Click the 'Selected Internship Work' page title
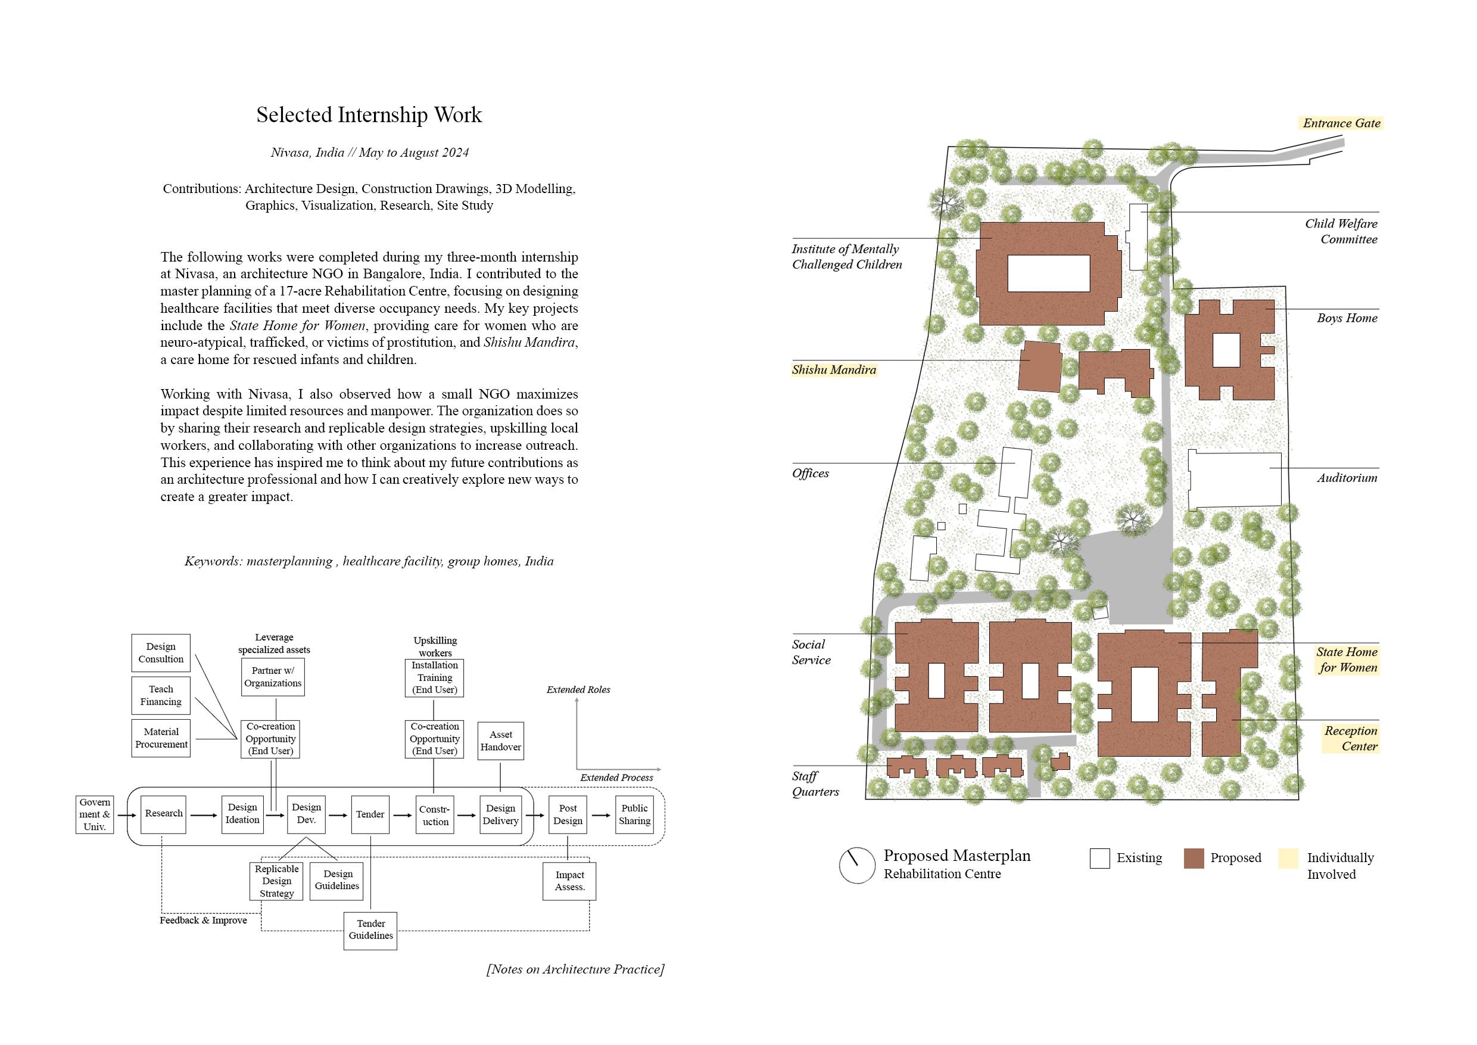[x=369, y=115]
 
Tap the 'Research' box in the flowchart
[x=163, y=814]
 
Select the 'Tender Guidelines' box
[x=370, y=931]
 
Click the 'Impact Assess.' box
[x=569, y=881]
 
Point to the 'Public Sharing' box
[x=634, y=814]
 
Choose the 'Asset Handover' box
[x=500, y=741]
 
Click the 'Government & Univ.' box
[x=95, y=814]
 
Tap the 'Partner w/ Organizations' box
[x=273, y=677]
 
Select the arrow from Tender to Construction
[x=402, y=815]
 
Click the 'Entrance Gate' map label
[x=1341, y=123]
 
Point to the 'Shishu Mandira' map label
[x=834, y=370]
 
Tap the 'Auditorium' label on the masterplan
[x=1347, y=478]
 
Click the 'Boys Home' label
[x=1347, y=318]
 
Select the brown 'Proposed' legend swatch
[x=1194, y=859]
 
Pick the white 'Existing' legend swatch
[x=1099, y=859]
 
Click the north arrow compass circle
[x=857, y=865]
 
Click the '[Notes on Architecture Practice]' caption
[x=575, y=969]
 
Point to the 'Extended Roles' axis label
[x=578, y=690]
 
